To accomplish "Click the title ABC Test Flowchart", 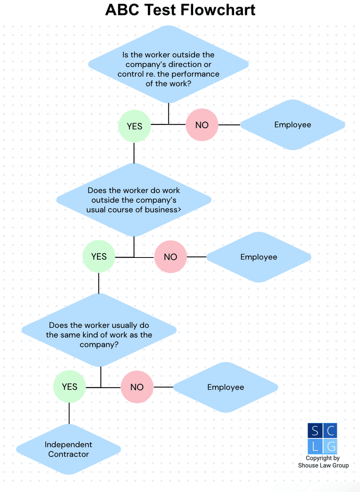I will tap(180, 10).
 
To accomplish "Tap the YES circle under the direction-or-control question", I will tap(135, 126).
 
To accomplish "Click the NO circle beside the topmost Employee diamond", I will tap(202, 125).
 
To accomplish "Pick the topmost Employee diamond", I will tap(293, 125).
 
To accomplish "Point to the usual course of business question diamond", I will tap(134, 200).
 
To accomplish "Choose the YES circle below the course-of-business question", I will tap(99, 257).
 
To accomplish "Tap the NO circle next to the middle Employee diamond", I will tap(171, 257).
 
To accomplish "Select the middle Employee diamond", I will tap(259, 257).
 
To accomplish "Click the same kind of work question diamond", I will tap(99, 335).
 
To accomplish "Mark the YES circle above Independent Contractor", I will tap(70, 387).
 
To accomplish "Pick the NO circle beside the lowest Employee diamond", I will tap(137, 387).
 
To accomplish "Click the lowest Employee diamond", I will tap(225, 387).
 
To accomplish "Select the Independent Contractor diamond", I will tap(69, 449).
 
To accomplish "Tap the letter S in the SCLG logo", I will tap(315, 430).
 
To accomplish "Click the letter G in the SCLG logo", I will tap(330, 446).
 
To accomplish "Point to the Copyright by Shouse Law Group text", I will tap(323, 462).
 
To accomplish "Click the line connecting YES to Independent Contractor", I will tap(69, 414).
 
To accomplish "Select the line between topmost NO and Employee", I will tap(229, 125).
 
